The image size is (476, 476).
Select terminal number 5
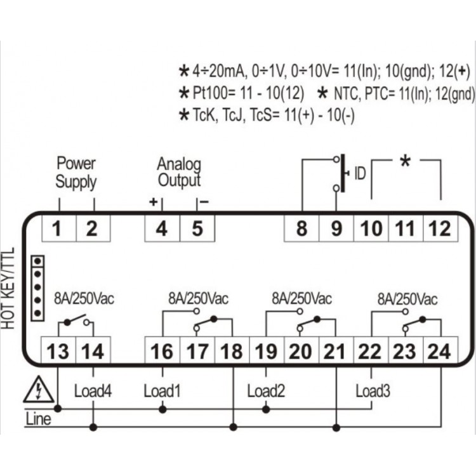(197, 228)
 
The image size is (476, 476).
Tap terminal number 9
(336, 228)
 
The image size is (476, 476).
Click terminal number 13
(58, 352)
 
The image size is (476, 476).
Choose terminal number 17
(197, 352)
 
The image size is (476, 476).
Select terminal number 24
(439, 352)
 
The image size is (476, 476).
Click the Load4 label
(93, 391)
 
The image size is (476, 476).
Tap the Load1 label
(162, 391)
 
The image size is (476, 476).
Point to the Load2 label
(266, 391)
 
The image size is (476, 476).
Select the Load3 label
(373, 391)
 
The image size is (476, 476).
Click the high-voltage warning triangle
(39, 390)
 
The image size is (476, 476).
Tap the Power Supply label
(76, 173)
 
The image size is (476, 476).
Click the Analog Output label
(179, 173)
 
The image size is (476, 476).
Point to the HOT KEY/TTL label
(8, 288)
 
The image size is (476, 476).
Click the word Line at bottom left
(38, 420)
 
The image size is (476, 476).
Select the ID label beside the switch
(360, 174)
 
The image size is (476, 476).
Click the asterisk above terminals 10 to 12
(406, 161)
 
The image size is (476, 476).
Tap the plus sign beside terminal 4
(154, 202)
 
